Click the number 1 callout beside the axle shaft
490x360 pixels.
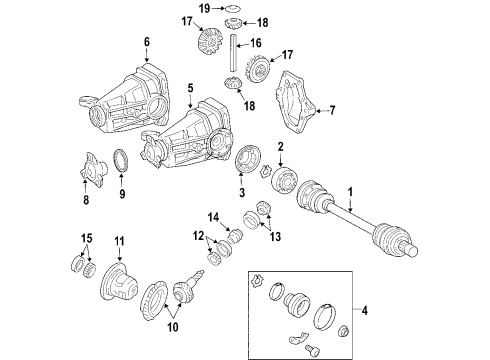351,192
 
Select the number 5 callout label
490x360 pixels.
188,88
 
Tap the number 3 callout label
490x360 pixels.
240,193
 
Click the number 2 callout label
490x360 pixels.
282,147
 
